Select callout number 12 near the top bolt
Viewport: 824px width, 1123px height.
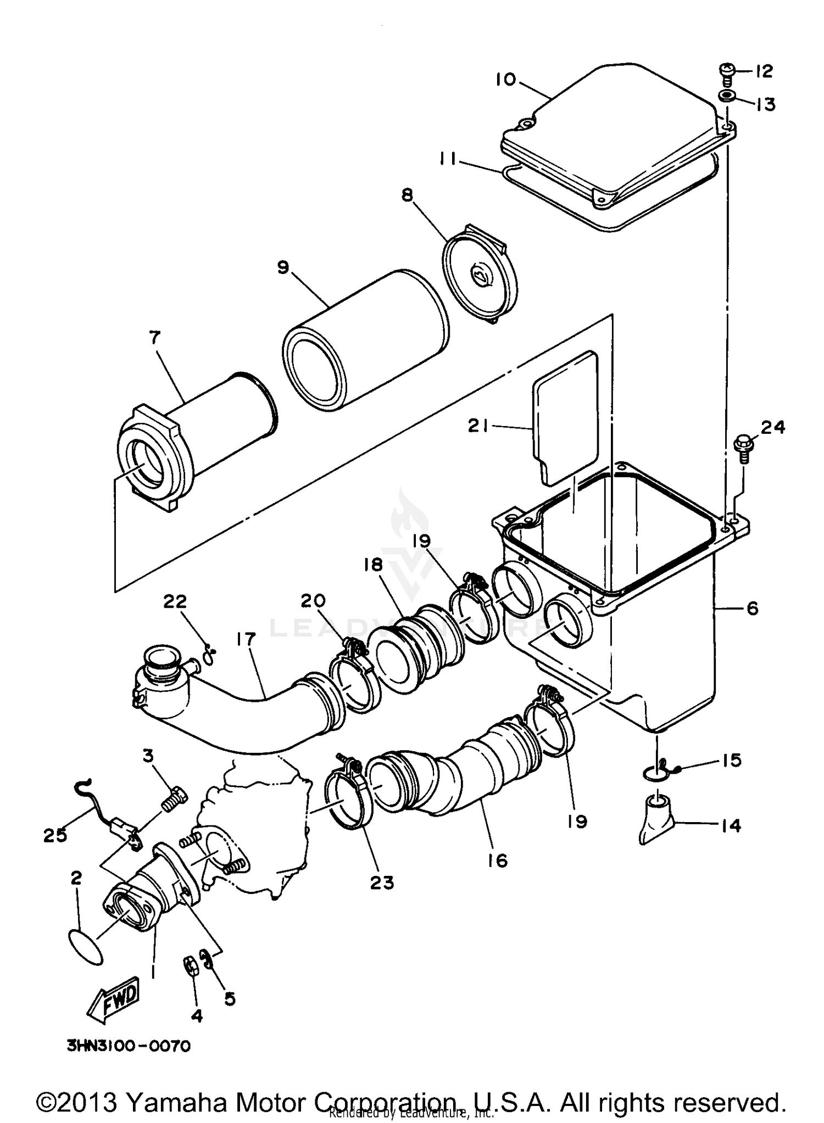pyautogui.click(x=764, y=71)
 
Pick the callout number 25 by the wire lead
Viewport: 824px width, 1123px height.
pyautogui.click(x=55, y=835)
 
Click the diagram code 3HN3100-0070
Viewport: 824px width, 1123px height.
pyautogui.click(x=129, y=1046)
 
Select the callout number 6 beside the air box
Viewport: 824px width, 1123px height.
pyautogui.click(x=752, y=608)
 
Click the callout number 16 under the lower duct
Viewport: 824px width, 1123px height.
pyautogui.click(x=497, y=860)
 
